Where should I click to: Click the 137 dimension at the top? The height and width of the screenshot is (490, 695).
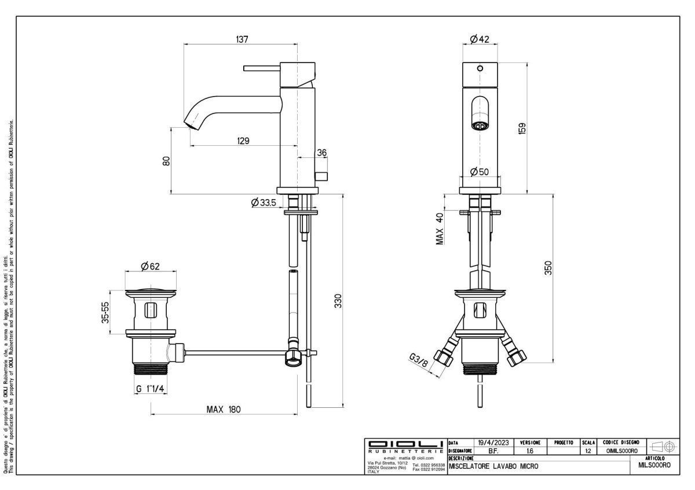pos(242,39)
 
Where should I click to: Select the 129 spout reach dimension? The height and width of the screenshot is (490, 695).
pos(243,141)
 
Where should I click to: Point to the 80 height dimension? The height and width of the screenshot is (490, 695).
pos(166,161)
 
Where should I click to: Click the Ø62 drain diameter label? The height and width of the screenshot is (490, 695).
pos(150,266)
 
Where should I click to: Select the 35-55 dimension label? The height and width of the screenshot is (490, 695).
pos(106,313)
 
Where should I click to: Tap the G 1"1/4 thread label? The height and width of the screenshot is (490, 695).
pos(151,389)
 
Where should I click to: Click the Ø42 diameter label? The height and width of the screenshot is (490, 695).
pos(480,39)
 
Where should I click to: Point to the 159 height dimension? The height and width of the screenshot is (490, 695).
pos(522,128)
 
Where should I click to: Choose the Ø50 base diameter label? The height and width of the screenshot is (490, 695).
pos(480,171)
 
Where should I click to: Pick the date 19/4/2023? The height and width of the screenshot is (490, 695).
pos(492,442)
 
